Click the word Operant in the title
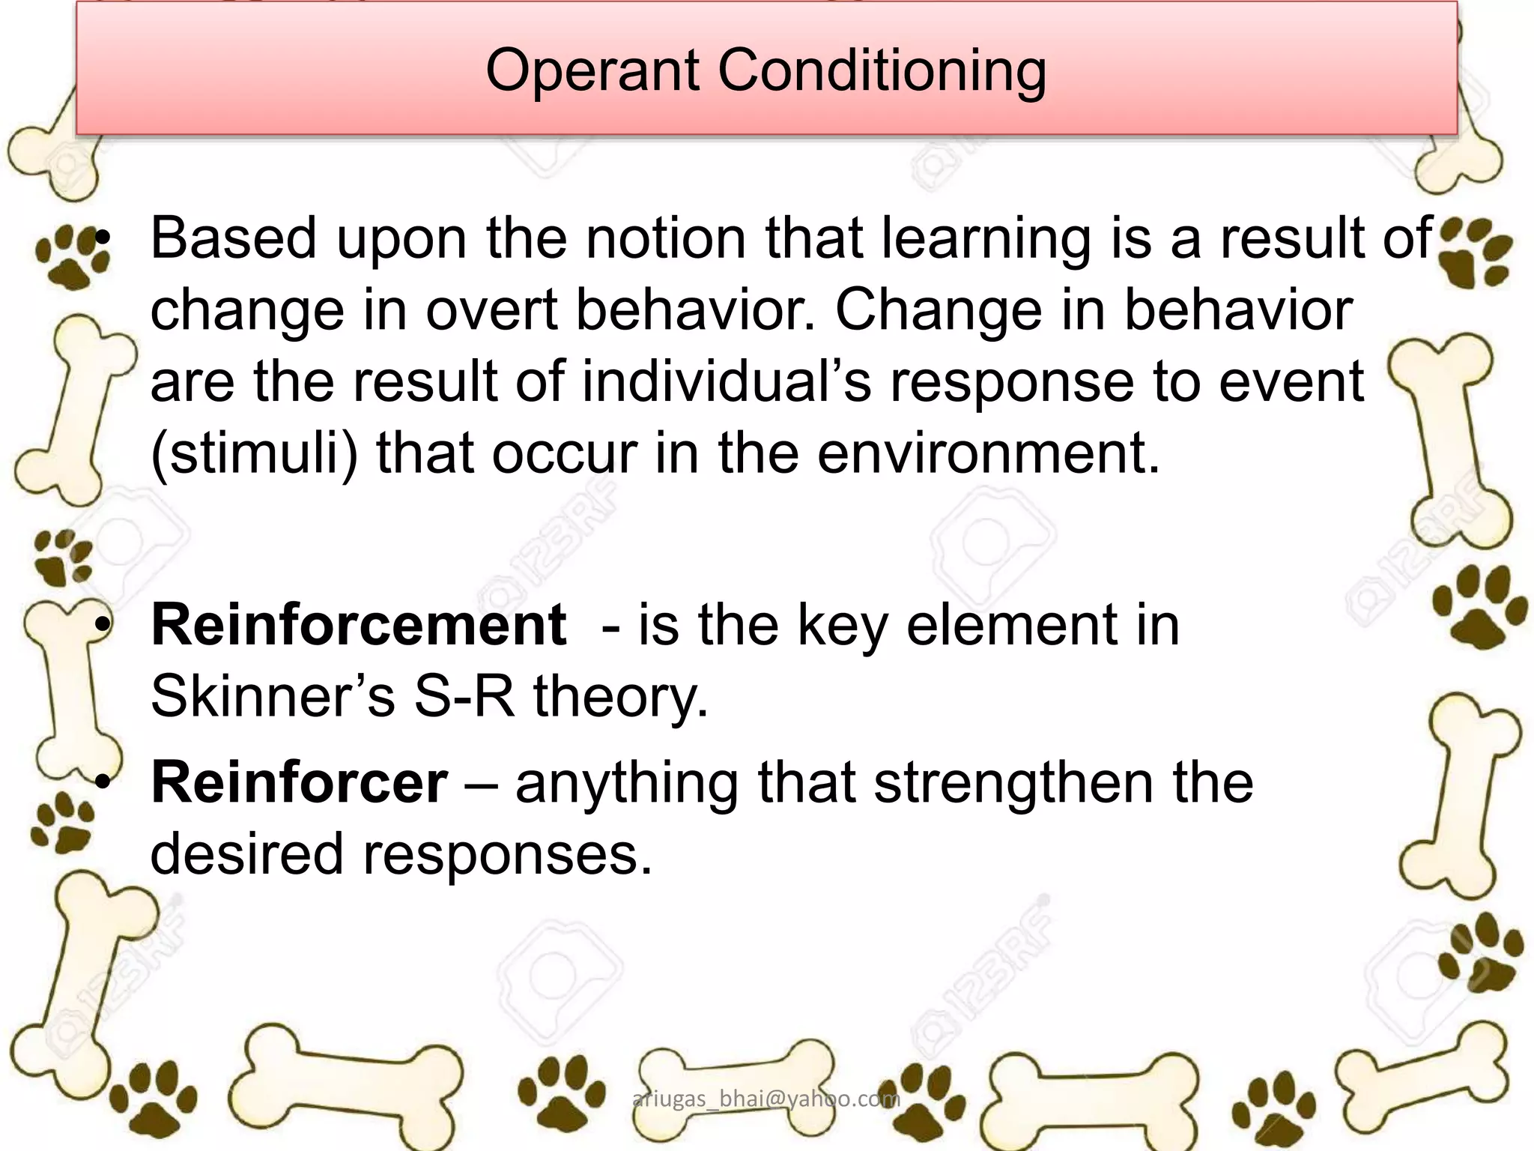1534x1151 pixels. click(592, 71)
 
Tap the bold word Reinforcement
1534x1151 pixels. click(358, 625)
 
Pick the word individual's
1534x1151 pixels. click(727, 381)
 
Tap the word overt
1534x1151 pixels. click(491, 310)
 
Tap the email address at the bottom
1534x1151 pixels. click(766, 1099)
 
